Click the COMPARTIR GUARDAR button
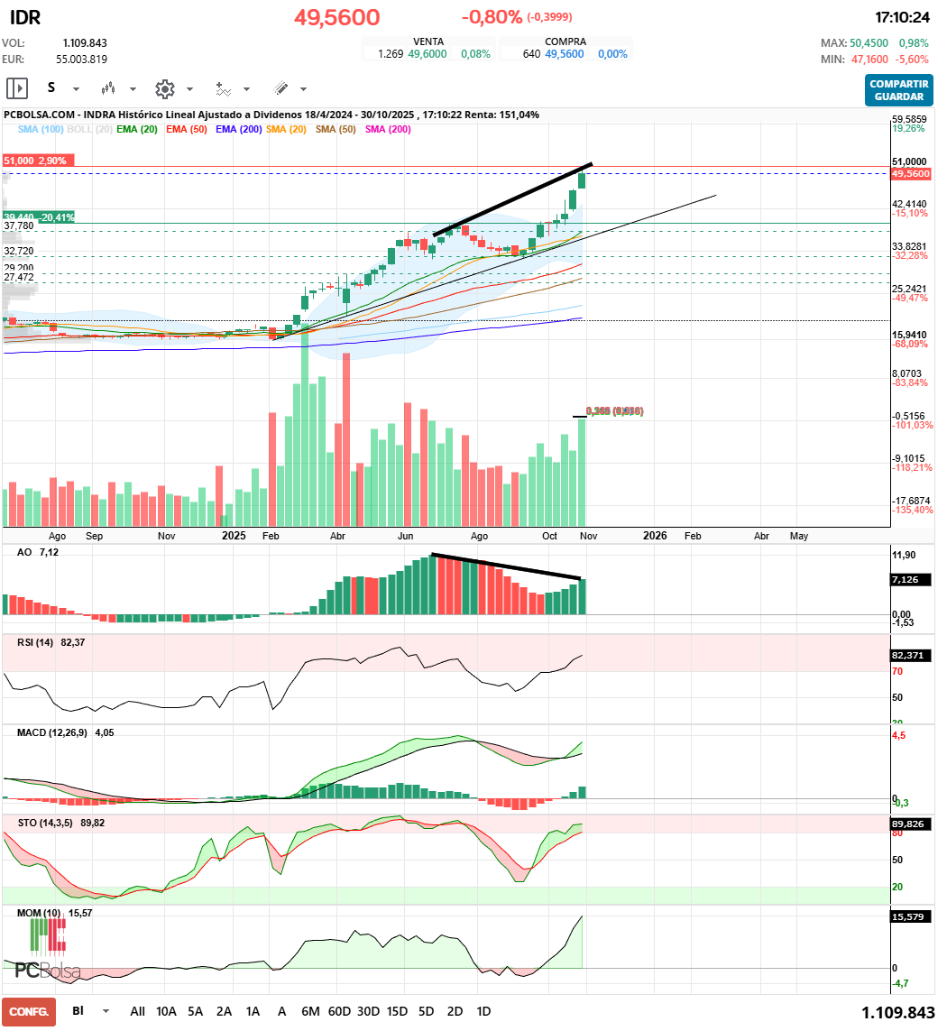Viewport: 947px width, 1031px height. tap(899, 90)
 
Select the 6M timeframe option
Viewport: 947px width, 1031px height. tap(310, 1011)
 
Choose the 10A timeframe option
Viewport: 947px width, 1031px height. tap(167, 1011)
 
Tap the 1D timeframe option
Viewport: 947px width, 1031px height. tap(483, 1011)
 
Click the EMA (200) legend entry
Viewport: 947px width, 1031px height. tap(239, 130)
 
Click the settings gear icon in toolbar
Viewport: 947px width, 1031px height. tap(164, 89)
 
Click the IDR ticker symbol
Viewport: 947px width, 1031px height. tap(24, 18)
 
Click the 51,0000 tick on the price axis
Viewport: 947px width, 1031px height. tap(910, 161)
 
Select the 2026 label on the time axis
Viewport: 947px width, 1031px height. tap(655, 536)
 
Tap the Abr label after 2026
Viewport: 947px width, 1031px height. tap(761, 536)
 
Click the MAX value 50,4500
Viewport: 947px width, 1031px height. tap(869, 43)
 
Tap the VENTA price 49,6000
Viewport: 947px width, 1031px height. tap(428, 54)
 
